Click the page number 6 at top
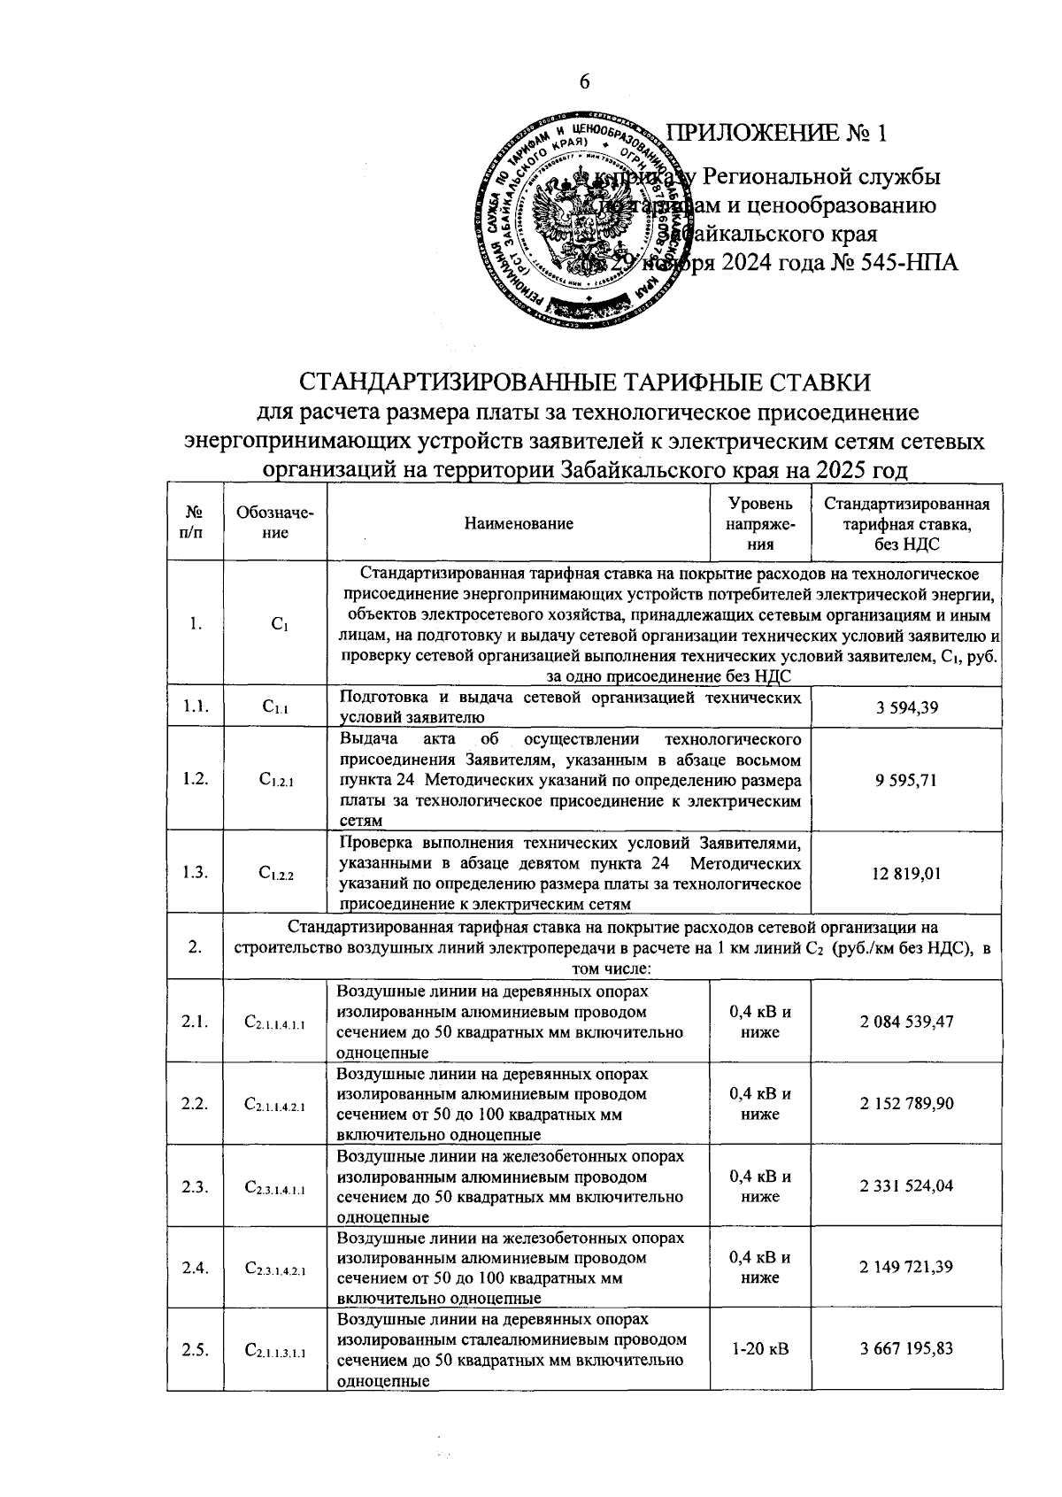tap(584, 81)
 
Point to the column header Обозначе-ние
tap(275, 523)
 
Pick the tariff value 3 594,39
tap(906, 707)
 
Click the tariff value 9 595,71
tap(906, 780)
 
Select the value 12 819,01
tap(906, 873)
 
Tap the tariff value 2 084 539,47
tap(906, 1022)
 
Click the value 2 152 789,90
tap(906, 1104)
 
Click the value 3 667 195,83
tap(906, 1349)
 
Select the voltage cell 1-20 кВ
tap(759, 1349)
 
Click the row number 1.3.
tap(195, 873)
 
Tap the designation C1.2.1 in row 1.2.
tap(275, 780)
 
